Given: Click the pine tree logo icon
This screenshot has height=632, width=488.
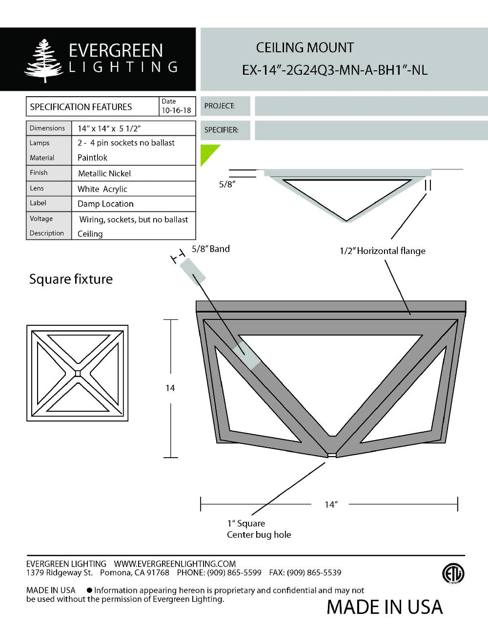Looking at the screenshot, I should [44, 60].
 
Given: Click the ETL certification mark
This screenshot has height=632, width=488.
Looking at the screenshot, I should [453, 574].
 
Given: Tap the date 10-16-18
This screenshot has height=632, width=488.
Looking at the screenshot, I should [176, 110].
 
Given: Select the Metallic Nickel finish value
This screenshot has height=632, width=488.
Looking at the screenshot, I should [104, 173].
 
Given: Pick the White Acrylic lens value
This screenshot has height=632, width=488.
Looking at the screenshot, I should [102, 189].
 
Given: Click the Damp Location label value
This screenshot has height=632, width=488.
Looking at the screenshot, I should [105, 204].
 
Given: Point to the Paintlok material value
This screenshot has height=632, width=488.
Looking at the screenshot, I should [92, 158].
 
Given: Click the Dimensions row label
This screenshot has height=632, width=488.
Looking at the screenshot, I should [47, 128].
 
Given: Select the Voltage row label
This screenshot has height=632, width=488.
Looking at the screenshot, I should [41, 218].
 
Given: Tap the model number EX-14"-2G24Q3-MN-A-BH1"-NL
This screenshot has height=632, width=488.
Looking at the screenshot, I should [335, 70].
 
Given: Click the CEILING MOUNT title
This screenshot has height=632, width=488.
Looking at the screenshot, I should [305, 48].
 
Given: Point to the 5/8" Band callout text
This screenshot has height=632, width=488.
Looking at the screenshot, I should [210, 249].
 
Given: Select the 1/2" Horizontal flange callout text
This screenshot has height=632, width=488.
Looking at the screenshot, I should [383, 251].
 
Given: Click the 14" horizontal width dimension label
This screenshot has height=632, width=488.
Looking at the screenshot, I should [331, 505].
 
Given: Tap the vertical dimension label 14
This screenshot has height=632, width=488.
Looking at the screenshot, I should [170, 388].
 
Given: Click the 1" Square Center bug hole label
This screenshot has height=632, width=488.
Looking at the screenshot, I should [259, 529].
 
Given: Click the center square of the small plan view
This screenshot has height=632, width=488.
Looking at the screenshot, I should [78, 374].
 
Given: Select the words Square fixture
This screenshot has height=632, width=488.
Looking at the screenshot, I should [71, 279].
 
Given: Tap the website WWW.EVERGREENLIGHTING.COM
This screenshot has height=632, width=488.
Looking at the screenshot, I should [175, 564].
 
